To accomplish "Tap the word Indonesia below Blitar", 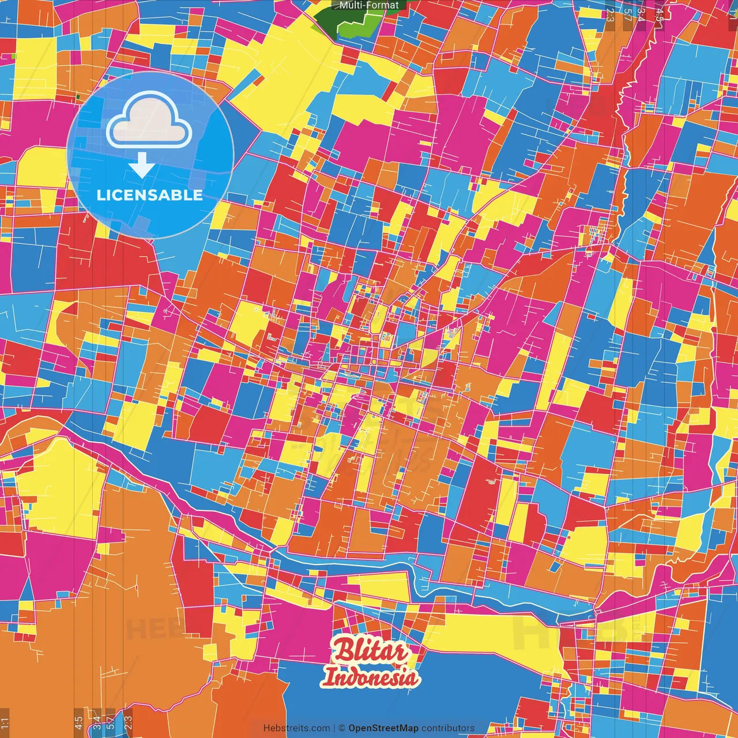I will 371,677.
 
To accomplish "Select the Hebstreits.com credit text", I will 296,728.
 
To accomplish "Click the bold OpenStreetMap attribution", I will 383,728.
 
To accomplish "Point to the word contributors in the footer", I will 448,728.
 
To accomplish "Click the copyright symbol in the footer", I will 342,728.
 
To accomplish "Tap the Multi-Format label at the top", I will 369,5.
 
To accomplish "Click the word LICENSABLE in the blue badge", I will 150,195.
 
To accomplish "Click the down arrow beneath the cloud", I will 141,165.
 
